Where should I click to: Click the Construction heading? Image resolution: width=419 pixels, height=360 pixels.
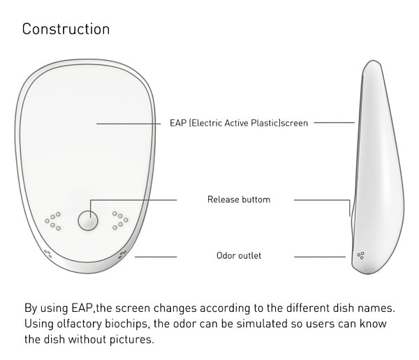coord(66,29)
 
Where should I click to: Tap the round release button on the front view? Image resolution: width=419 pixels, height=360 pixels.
coord(88,220)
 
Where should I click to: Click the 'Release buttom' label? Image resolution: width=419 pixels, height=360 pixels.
coord(239,200)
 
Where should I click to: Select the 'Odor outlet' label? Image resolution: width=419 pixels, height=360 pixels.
coord(239,256)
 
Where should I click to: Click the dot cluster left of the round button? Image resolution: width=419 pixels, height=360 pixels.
coord(53,221)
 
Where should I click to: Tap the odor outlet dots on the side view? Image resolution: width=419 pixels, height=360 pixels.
coord(360,256)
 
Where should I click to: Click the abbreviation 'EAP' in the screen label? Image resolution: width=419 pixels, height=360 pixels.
coord(178,123)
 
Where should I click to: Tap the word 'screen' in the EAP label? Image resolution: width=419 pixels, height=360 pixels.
coord(294,123)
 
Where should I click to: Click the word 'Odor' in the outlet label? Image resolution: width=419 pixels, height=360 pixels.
coord(226,256)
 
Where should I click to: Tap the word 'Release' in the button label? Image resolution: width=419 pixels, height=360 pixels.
coord(223,200)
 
